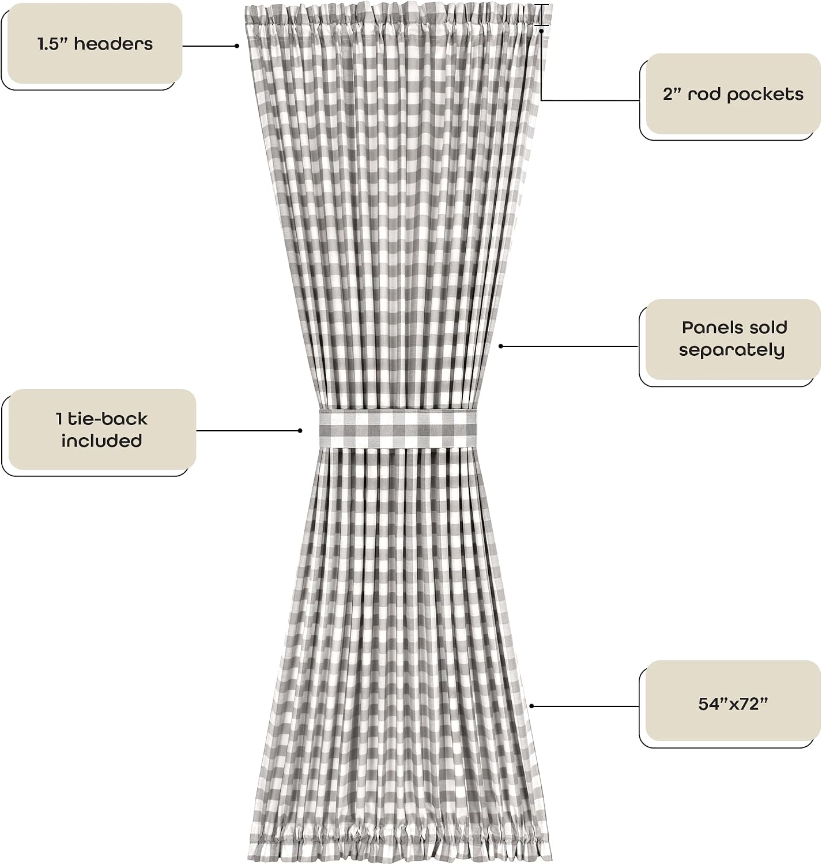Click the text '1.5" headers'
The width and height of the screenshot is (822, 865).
[x=95, y=44]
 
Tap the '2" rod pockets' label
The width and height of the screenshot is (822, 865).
[x=733, y=94]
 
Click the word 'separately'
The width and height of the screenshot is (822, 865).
[x=732, y=350]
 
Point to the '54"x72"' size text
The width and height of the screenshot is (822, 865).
[x=733, y=704]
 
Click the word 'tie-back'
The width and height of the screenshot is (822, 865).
[x=108, y=419]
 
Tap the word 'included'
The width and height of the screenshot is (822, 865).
[x=101, y=441]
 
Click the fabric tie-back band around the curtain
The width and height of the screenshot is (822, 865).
[x=398, y=428]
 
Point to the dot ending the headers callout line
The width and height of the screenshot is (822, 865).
[x=237, y=46]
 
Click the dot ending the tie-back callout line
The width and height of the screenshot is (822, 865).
[x=300, y=430]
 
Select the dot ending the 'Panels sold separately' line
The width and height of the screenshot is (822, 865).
[x=500, y=346]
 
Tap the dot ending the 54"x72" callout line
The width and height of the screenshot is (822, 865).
[x=531, y=706]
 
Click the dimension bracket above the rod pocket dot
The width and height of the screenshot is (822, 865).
[x=541, y=15]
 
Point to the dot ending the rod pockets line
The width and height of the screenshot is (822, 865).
[x=541, y=31]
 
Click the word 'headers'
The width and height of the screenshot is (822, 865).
[x=114, y=44]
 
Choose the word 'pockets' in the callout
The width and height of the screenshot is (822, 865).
[x=766, y=95]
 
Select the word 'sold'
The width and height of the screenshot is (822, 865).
[x=763, y=328]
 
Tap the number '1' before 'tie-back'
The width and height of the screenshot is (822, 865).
[x=59, y=419]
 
